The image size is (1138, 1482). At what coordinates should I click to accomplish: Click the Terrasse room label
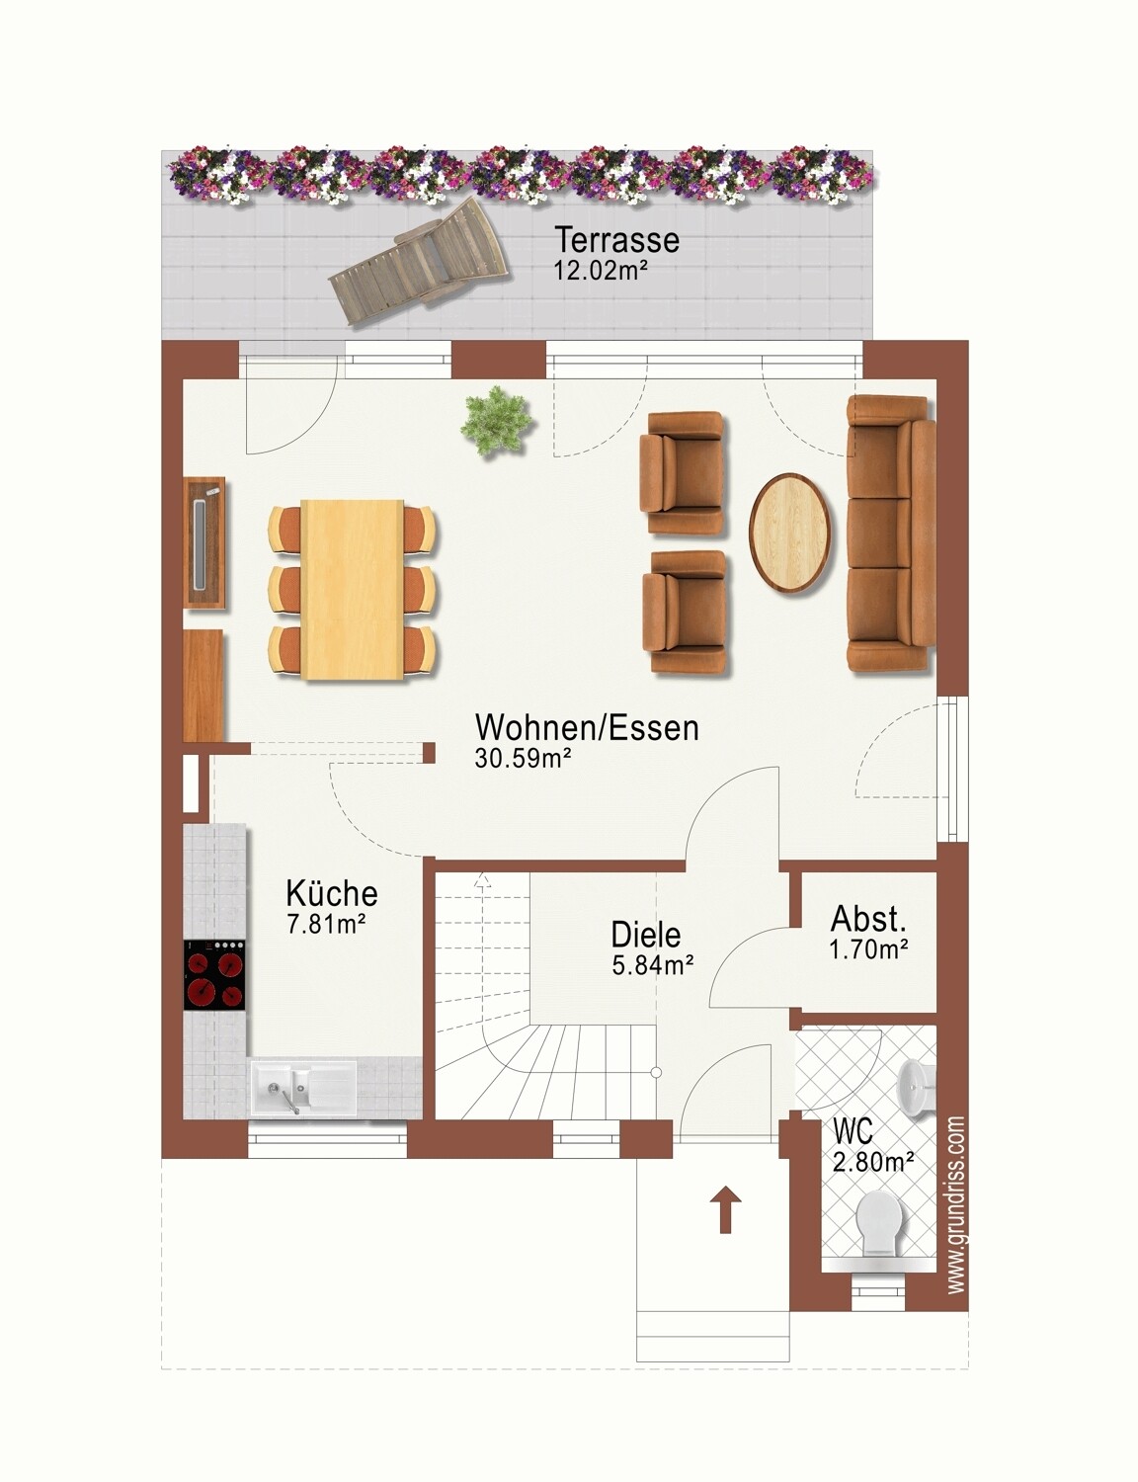[617, 239]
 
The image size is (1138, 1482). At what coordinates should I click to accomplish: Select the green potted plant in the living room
[496, 421]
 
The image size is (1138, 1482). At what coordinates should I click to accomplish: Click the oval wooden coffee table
[791, 534]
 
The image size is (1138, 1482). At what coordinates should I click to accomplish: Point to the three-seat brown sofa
[890, 534]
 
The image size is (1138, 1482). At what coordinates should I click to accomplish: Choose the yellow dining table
[353, 589]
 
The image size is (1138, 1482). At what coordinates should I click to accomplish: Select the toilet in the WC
[883, 1224]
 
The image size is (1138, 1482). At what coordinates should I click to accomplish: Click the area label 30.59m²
[523, 758]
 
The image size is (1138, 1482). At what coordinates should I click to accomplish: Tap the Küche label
[331, 893]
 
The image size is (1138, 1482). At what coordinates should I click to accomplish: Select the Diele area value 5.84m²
[653, 965]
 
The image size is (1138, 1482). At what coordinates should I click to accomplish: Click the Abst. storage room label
[868, 919]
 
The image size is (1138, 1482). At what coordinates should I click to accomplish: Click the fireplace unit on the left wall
[205, 541]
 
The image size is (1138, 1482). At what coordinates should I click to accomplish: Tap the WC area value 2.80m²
[873, 1160]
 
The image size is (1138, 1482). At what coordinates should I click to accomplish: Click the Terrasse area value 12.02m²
[600, 271]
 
